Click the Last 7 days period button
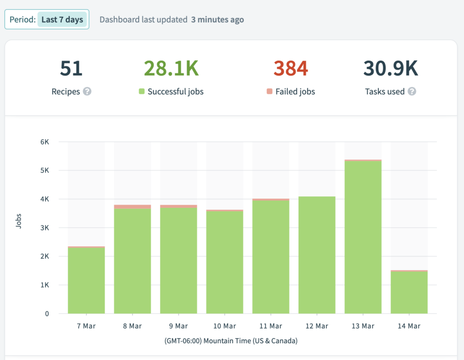point(62,19)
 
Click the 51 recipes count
point(71,68)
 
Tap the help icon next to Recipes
point(87,92)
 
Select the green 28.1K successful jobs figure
point(171,68)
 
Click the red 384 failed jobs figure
point(290,68)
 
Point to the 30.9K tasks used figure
point(390,68)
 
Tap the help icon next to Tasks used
point(411,92)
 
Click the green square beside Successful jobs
point(141,92)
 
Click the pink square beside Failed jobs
point(270,92)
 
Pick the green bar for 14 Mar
point(409,292)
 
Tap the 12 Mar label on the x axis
point(316,326)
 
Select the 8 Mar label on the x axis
point(132,326)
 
